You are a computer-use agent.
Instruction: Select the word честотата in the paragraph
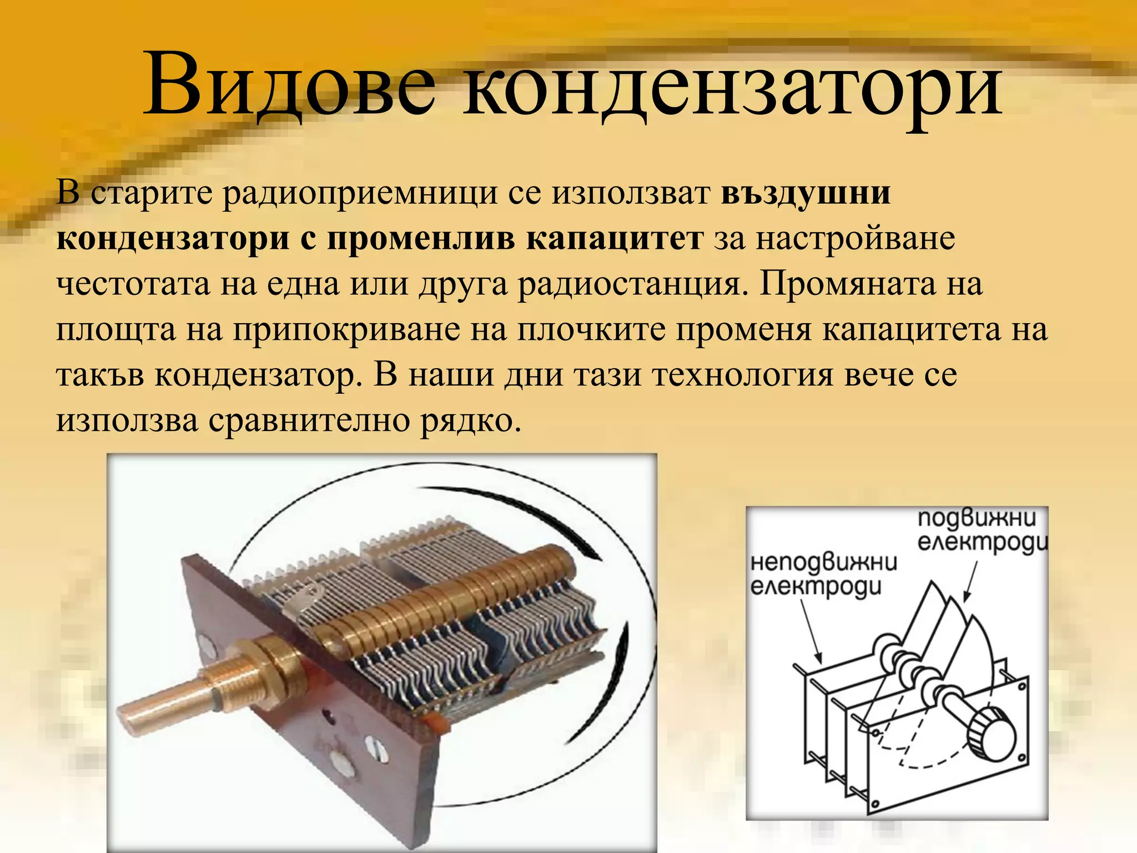point(133,284)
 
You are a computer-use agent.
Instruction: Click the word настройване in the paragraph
point(855,239)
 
